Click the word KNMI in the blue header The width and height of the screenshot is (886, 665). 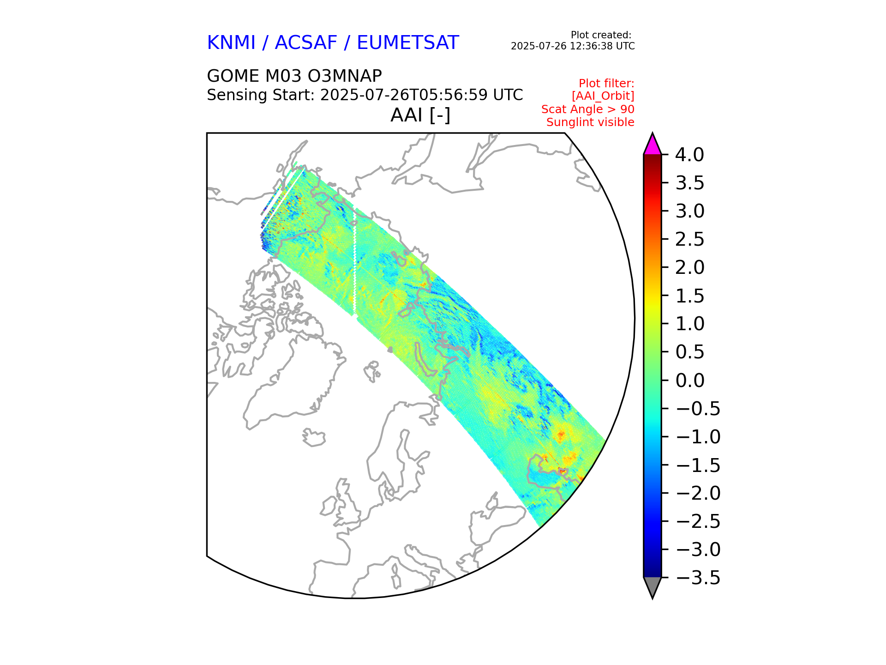(231, 43)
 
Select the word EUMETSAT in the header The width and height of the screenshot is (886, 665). (407, 43)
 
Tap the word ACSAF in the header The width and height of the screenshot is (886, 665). (306, 43)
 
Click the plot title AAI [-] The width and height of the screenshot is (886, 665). (420, 115)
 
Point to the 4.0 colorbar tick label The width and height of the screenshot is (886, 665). (689, 155)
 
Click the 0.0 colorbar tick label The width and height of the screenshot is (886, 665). (689, 381)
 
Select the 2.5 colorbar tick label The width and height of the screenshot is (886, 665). (689, 240)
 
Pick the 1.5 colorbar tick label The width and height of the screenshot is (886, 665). (689, 296)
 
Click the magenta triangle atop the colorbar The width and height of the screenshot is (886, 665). (652, 145)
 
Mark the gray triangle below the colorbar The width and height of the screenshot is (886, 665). (652, 586)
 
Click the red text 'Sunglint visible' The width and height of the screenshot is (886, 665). (590, 122)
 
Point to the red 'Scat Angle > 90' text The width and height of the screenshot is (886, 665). (587, 109)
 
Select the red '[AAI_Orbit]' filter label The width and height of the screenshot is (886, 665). (603, 96)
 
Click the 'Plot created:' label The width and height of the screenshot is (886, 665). (601, 35)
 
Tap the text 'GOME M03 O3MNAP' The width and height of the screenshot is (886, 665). (294, 76)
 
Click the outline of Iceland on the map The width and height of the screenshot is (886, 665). (314, 437)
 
